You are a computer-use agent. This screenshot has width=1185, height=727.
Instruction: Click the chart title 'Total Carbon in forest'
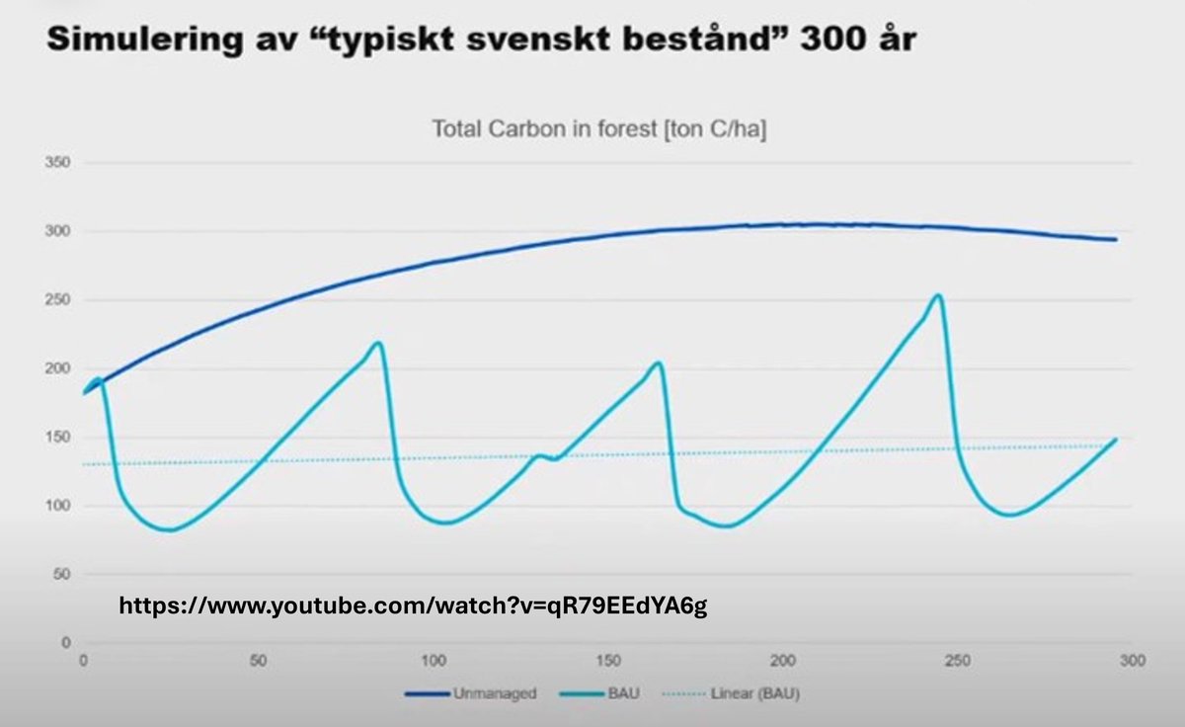599,128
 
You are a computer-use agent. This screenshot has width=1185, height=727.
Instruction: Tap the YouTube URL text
413,606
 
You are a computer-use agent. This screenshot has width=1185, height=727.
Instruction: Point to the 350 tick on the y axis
59,163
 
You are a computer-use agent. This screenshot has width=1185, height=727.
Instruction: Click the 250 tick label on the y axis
59,300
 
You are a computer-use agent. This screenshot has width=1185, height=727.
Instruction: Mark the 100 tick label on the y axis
59,506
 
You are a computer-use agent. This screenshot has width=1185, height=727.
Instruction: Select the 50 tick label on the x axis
259,659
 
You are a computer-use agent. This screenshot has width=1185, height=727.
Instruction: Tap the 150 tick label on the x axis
608,659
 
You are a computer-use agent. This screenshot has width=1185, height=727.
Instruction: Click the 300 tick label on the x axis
1132,659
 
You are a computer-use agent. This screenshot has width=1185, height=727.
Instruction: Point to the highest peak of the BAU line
937,294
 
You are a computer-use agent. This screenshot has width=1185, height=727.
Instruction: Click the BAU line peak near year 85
378,343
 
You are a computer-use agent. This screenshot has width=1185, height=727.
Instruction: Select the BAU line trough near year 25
171,530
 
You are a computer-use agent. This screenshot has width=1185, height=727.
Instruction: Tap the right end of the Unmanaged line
1116,239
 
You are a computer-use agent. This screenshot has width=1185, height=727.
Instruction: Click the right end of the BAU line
1116,440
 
